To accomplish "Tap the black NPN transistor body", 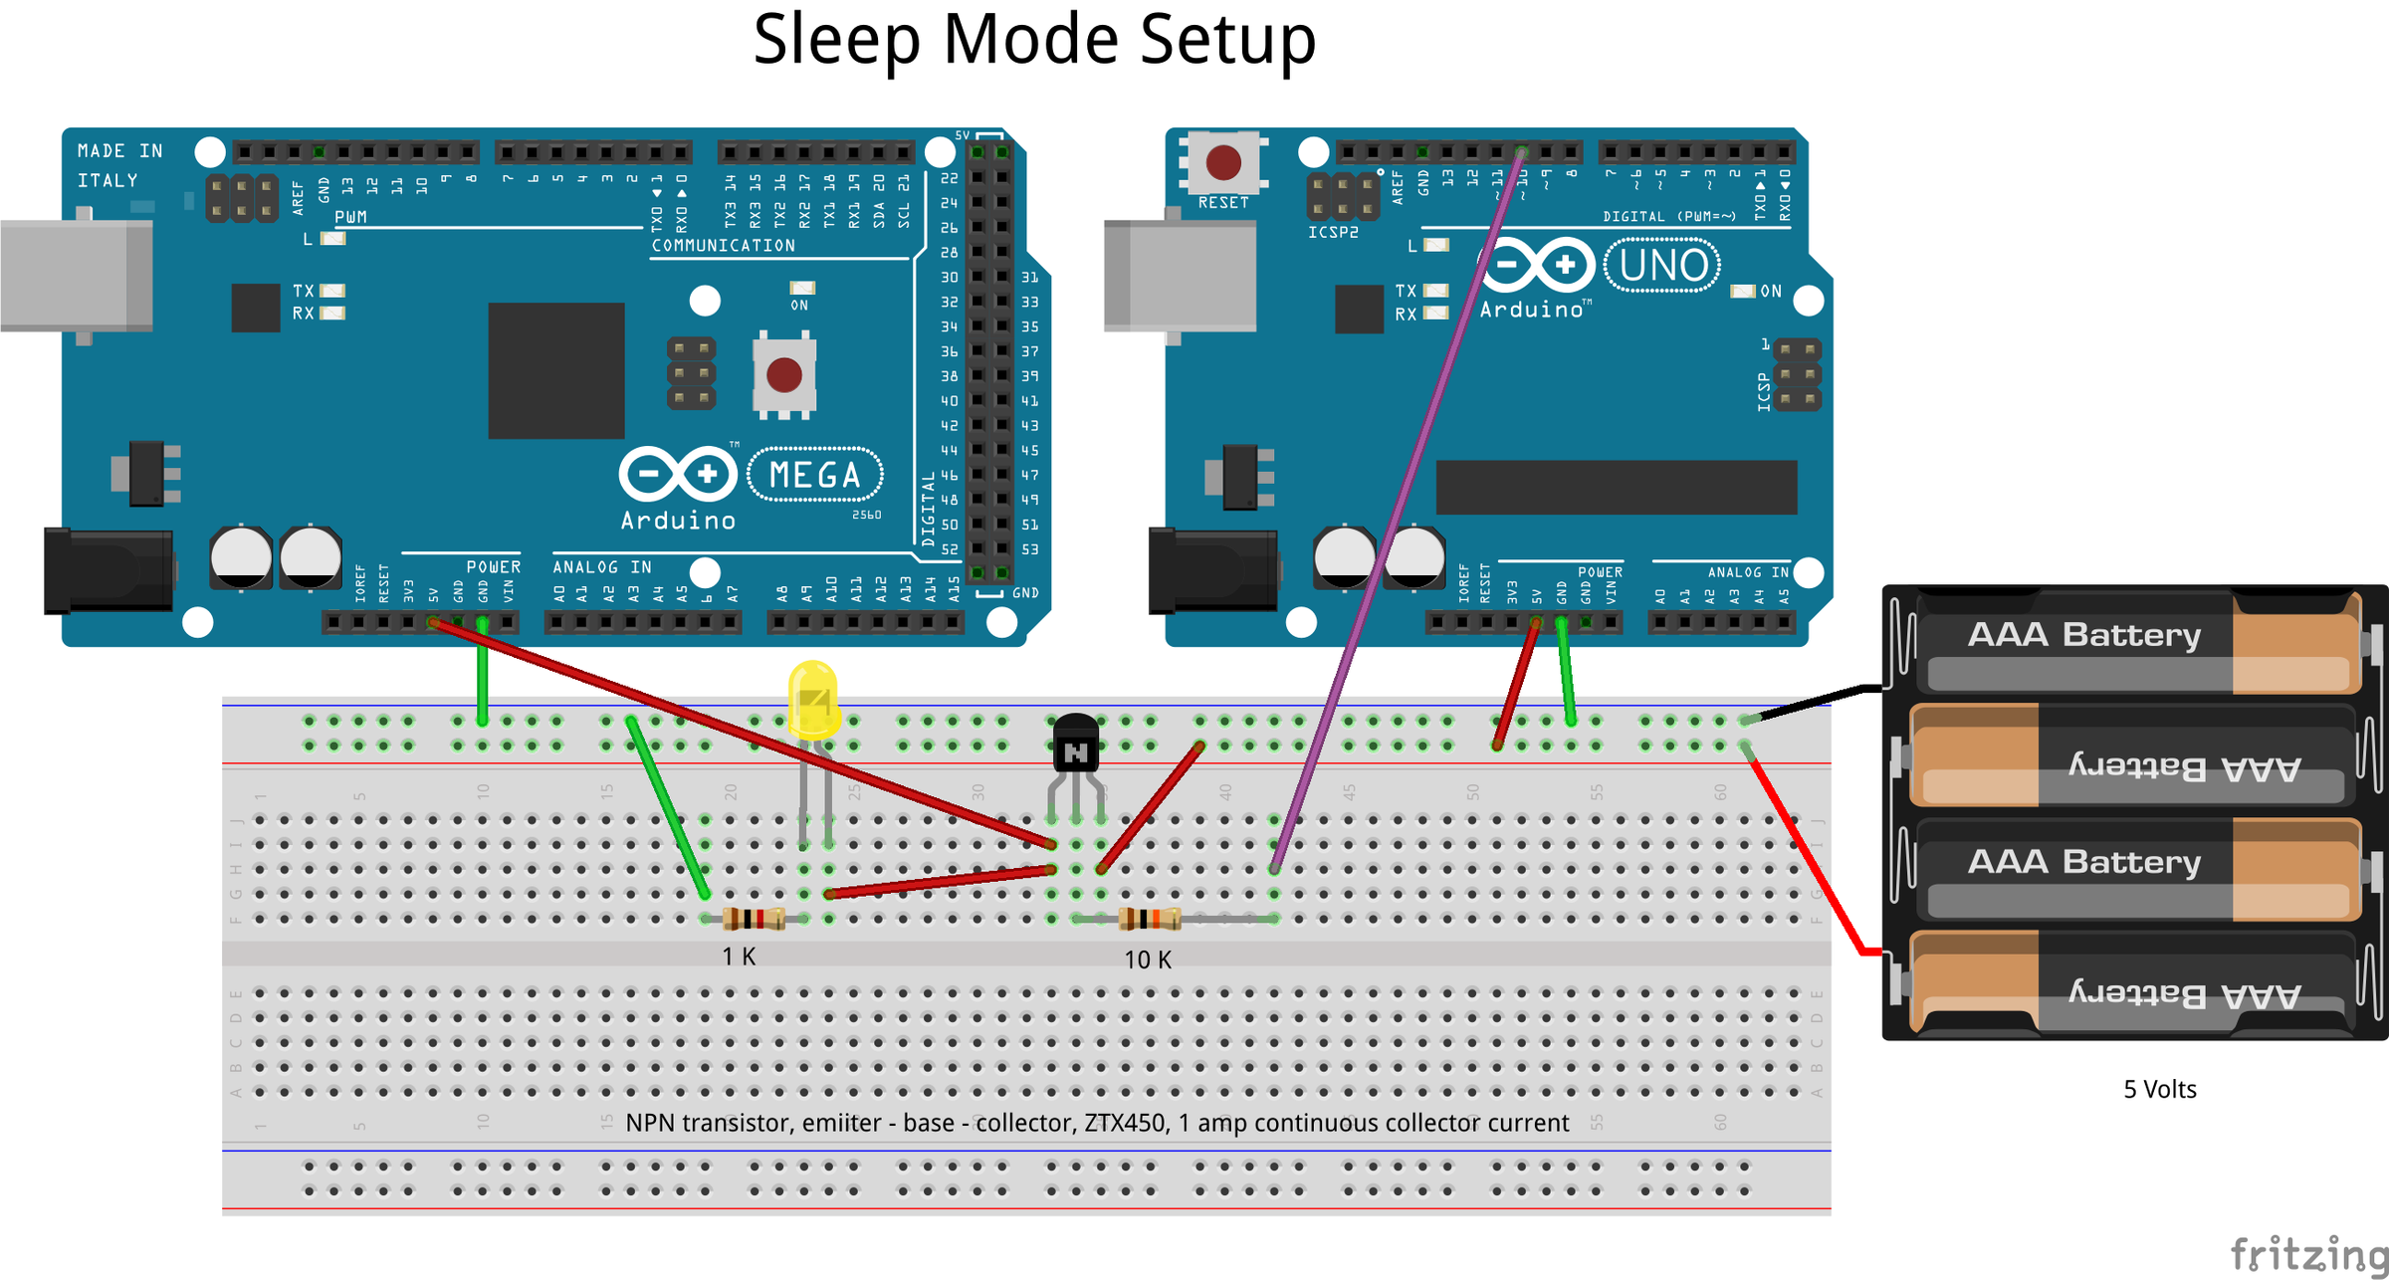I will (x=1076, y=745).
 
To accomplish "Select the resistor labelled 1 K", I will (x=754, y=918).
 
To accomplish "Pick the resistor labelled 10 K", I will (x=1150, y=918).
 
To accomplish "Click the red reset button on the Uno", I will (x=1223, y=162).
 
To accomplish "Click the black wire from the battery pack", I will (x=1812, y=700).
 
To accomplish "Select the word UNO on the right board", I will (x=1663, y=266).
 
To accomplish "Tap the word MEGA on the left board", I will (x=815, y=475).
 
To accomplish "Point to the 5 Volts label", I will (x=2159, y=1089).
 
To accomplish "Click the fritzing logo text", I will (x=2307, y=1254).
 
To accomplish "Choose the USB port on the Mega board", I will (x=76, y=276).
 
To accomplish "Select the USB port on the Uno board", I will (x=1180, y=276).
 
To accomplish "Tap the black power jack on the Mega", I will (x=109, y=570).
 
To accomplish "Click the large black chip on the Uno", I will (x=1616, y=487).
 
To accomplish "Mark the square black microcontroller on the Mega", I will (x=555, y=370).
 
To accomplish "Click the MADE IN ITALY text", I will (x=119, y=165).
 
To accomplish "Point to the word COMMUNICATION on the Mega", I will (x=723, y=245).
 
